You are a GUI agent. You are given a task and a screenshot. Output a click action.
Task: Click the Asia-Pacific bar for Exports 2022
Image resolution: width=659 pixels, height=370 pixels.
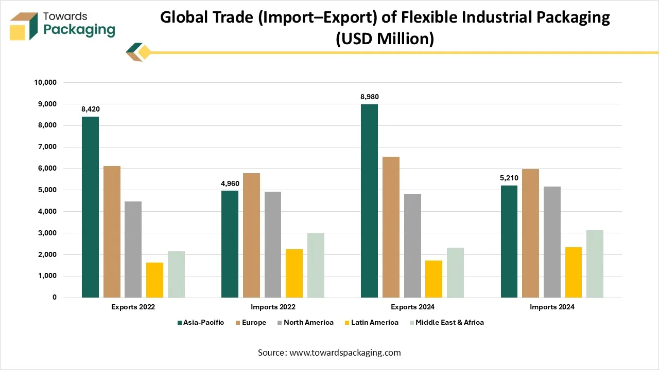(x=90, y=207)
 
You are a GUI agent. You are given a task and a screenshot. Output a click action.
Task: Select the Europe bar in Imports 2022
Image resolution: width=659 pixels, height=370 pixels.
(x=252, y=235)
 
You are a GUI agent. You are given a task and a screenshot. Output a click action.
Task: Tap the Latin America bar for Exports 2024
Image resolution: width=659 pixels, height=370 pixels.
(x=433, y=279)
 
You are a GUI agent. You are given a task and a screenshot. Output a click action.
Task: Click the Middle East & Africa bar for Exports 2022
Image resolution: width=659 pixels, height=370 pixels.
(x=176, y=274)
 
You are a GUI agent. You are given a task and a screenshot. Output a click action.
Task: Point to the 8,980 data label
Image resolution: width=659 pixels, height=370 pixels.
(x=369, y=97)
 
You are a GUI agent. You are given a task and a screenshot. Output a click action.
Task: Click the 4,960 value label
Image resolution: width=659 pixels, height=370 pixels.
(x=230, y=183)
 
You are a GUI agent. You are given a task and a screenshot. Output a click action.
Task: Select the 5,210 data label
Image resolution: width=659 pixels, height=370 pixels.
(x=509, y=178)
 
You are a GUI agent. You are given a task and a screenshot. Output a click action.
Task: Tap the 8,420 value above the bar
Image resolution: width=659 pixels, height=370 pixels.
(x=90, y=109)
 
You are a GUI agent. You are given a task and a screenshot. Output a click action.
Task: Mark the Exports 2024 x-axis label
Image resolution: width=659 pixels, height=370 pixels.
(x=412, y=307)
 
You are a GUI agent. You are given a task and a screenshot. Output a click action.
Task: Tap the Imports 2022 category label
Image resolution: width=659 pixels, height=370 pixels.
(x=273, y=307)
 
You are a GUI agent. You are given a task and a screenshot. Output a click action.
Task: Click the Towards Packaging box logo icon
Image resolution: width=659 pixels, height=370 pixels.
(x=24, y=26)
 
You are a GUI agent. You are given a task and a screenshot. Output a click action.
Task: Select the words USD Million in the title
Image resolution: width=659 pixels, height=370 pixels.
(x=385, y=39)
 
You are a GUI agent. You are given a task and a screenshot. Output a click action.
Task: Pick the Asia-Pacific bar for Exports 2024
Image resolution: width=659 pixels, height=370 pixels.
(x=369, y=201)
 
